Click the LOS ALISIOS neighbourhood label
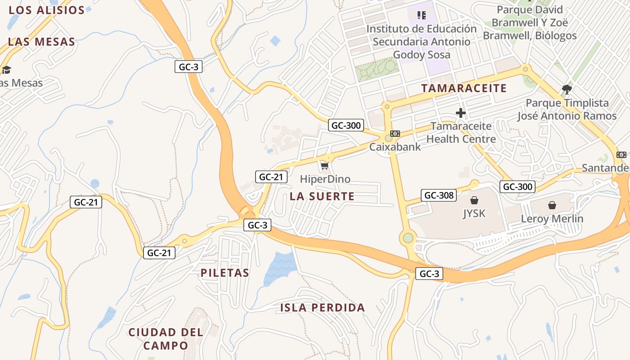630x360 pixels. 47,10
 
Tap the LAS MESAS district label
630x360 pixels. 41,42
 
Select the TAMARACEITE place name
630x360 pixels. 464,88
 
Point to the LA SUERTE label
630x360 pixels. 322,196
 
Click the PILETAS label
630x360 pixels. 225,273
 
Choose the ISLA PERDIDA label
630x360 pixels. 323,308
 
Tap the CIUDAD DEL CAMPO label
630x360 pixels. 166,339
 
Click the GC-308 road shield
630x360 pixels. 439,195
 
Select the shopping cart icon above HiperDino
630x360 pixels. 325,166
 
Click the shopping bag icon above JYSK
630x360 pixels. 474,200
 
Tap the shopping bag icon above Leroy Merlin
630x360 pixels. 552,206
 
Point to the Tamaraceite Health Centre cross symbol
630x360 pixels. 461,112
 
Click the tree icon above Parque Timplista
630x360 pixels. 567,90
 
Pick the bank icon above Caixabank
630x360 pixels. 395,134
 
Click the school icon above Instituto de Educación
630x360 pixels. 422,15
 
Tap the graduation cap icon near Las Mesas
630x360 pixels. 6,70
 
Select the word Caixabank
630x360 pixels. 395,147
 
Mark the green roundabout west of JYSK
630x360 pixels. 408,237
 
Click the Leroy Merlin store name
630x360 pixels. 552,219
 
